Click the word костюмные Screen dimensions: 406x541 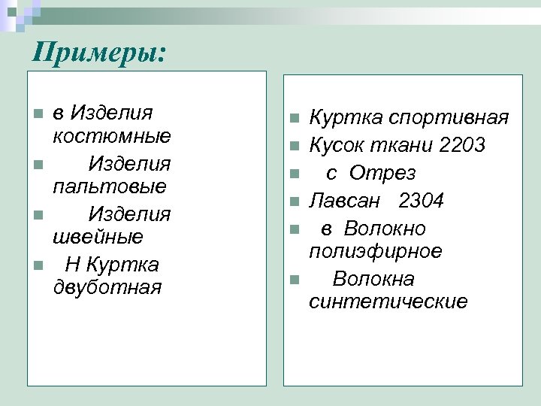tap(112, 136)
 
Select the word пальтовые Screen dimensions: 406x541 tap(110, 186)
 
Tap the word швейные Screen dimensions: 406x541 tap(98, 237)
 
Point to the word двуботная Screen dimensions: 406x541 tap(107, 287)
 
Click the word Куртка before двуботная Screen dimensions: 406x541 tap(122, 265)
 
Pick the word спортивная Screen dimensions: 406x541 tap(452, 118)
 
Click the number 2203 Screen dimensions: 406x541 tap(463, 144)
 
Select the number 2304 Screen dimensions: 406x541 tap(422, 201)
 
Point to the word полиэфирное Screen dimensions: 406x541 tap(375, 251)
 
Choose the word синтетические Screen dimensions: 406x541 tap(388, 302)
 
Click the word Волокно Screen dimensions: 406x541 tap(385, 229)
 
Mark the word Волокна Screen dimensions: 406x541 tap(373, 280)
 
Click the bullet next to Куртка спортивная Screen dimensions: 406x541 tap(295, 118)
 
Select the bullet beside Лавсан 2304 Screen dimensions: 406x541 tap(295, 201)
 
